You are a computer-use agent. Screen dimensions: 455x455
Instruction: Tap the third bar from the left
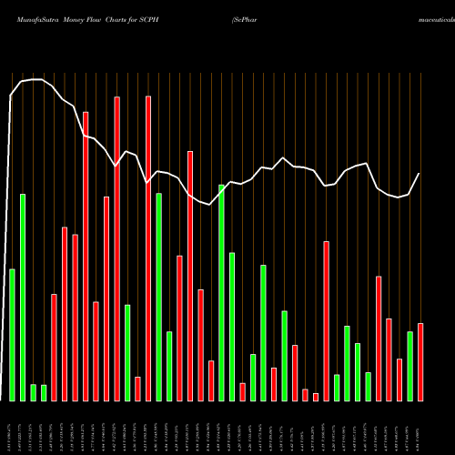34,392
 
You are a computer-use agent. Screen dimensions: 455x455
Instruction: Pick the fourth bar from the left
44,393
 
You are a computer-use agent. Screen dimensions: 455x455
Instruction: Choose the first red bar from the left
55,348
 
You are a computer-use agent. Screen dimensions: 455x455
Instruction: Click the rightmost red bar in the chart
420,362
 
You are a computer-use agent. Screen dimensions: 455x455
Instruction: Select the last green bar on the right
410,366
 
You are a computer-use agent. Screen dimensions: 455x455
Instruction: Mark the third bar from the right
399,379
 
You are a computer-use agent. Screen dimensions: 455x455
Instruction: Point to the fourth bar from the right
389,359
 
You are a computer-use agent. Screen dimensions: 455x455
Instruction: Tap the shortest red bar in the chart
316,397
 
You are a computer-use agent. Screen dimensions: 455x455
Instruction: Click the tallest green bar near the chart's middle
221,292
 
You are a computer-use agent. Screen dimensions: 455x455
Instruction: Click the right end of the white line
420,174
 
